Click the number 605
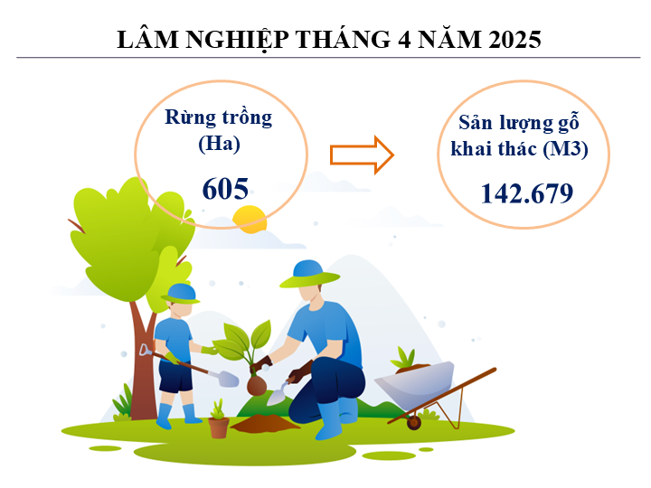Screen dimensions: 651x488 click(x=225, y=189)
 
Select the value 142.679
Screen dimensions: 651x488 click(x=527, y=193)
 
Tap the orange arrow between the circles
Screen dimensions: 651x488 click(x=362, y=155)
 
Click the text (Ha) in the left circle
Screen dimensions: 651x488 click(x=219, y=144)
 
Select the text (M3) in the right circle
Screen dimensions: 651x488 click(x=565, y=148)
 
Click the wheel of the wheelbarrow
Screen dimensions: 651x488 click(x=414, y=422)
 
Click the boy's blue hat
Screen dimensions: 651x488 click(x=181, y=294)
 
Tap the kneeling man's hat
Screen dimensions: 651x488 click(x=310, y=274)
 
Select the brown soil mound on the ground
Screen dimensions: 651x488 click(x=265, y=423)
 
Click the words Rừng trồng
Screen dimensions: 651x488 click(x=219, y=117)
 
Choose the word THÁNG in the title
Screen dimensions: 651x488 click(x=343, y=40)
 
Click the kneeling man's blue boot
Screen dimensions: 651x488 click(x=330, y=419)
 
